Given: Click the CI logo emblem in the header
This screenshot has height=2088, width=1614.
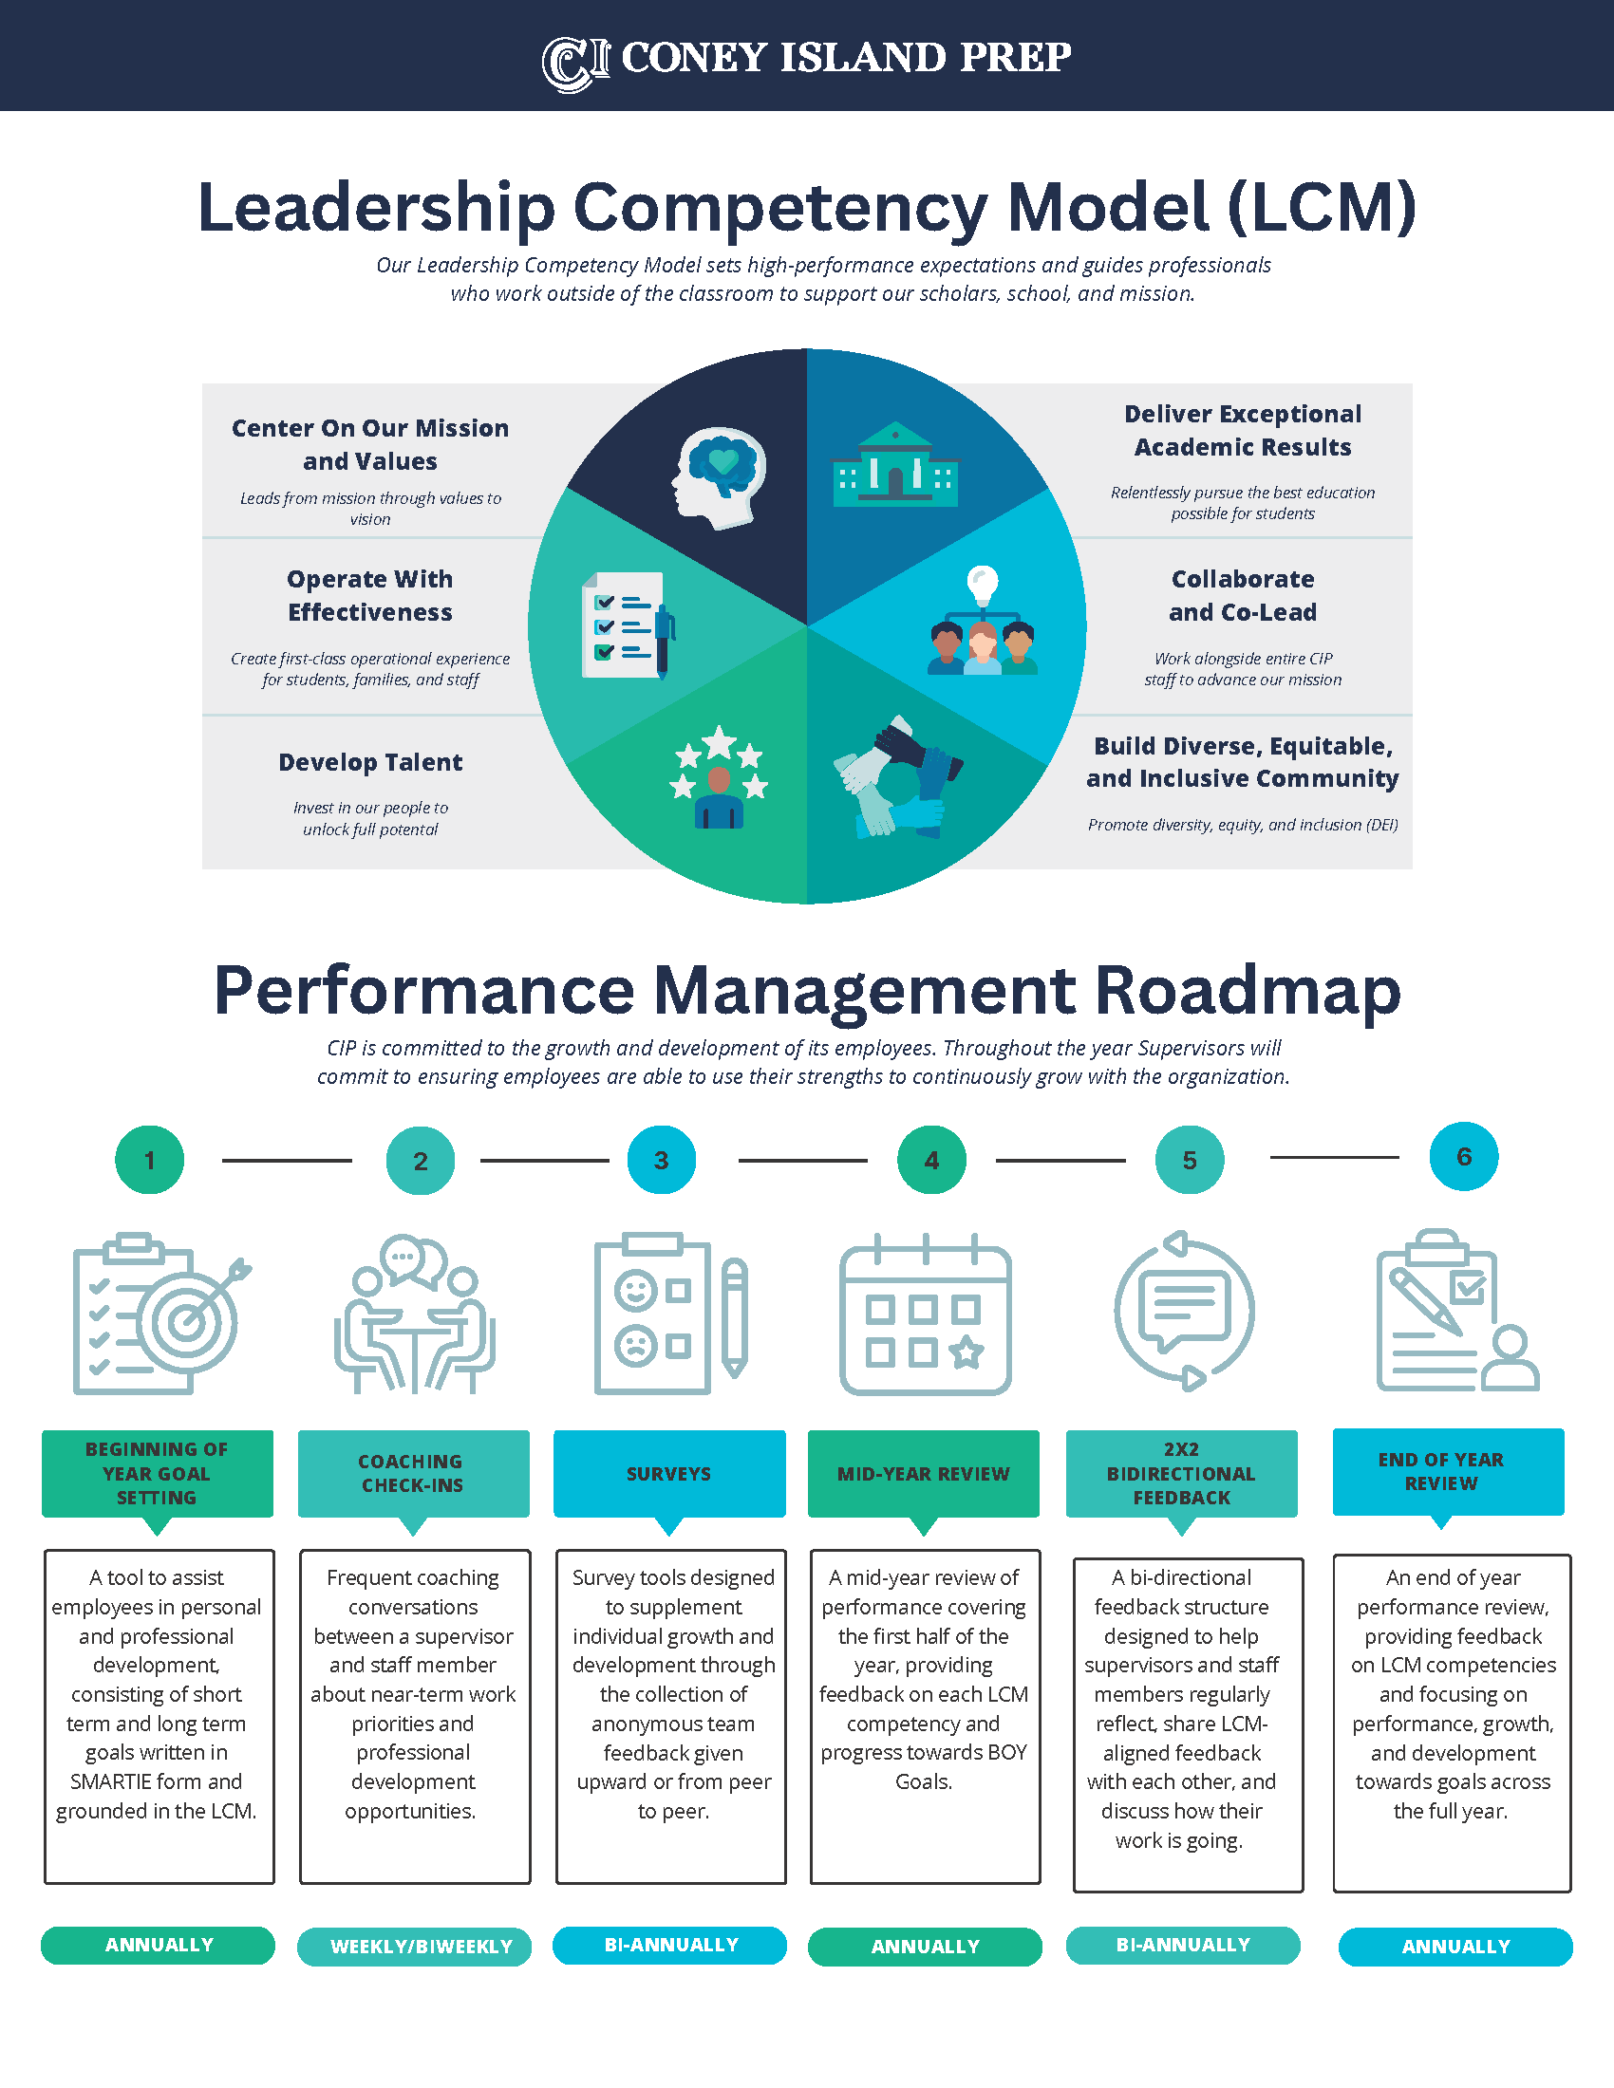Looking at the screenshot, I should [x=575, y=63].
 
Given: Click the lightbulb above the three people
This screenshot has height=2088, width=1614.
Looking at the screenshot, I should [x=982, y=582].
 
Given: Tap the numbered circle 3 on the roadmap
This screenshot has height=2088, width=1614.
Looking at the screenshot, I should [x=661, y=1160].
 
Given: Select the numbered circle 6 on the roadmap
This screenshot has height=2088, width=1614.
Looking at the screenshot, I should [x=1463, y=1157].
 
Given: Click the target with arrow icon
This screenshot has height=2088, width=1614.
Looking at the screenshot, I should [x=191, y=1319].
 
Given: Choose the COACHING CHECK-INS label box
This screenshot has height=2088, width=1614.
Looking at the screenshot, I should [x=413, y=1473].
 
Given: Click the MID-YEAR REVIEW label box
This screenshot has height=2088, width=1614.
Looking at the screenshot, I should [x=923, y=1473].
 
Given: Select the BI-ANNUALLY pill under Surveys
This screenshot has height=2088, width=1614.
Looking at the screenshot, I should [x=670, y=1945].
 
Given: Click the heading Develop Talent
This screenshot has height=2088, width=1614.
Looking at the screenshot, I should [x=370, y=762].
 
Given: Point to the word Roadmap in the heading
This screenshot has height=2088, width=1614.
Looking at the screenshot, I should [x=1247, y=991].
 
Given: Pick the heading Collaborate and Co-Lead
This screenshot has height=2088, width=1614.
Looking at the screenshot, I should [x=1242, y=596].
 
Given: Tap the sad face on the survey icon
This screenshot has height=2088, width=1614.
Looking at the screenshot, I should [x=635, y=1345].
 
